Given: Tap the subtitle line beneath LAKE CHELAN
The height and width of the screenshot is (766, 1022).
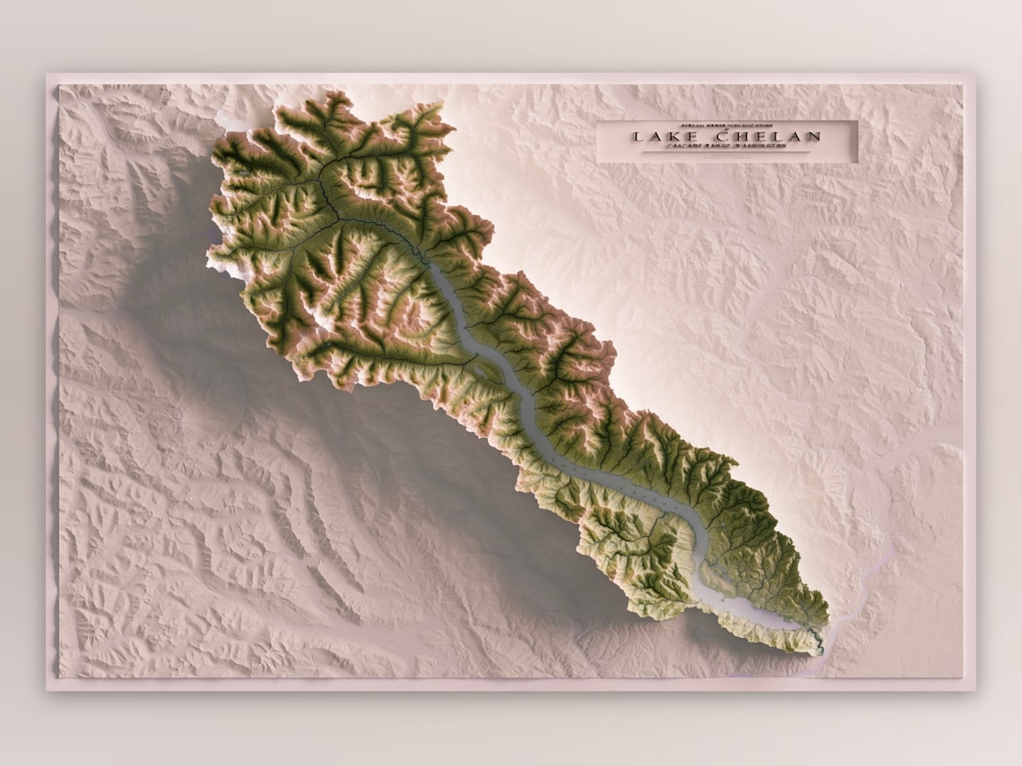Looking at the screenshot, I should pyautogui.click(x=726, y=150).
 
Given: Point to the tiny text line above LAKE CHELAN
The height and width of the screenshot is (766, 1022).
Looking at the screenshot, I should pyautogui.click(x=726, y=125).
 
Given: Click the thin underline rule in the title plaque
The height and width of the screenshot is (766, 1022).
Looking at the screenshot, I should pyautogui.click(x=726, y=155).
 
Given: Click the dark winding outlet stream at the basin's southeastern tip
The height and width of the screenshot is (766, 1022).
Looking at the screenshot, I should pyautogui.click(x=818, y=641).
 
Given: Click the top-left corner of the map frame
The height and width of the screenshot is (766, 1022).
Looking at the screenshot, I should pyautogui.click(x=48, y=74).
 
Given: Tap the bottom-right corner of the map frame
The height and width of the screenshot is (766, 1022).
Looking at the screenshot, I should pyautogui.click(x=975, y=690).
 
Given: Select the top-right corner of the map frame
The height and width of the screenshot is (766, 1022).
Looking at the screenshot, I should pyautogui.click(x=975, y=74).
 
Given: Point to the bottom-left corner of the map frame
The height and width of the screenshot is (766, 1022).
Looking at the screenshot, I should pyautogui.click(x=48, y=690).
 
